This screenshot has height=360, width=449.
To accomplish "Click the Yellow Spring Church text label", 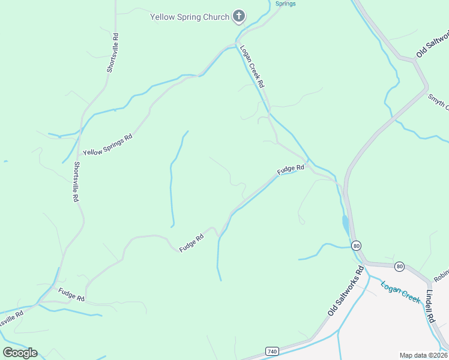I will [190, 17].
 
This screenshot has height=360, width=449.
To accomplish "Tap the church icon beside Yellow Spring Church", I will [239, 16].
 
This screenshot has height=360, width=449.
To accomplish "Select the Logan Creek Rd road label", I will [252, 67].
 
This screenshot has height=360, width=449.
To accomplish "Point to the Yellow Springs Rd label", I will [108, 145].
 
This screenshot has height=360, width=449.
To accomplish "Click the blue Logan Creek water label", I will [400, 291].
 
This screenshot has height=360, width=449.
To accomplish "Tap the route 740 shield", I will [271, 350].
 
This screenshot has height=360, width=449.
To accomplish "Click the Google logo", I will [20, 353].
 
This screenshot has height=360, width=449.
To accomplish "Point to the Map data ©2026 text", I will [423, 355].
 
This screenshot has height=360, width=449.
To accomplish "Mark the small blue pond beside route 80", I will [346, 226].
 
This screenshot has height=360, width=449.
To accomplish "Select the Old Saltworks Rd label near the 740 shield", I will [346, 292].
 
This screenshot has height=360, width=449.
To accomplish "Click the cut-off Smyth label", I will [438, 101].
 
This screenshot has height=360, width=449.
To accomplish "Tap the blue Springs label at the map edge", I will [285, 4].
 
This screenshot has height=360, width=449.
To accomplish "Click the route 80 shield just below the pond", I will [357, 245].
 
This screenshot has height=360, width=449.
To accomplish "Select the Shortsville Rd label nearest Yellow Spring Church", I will [113, 53].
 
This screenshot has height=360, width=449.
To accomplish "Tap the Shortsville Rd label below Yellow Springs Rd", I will [76, 181].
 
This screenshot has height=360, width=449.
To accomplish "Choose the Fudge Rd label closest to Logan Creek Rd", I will [291, 170].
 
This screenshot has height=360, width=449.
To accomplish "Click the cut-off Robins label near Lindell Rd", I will [441, 275].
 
